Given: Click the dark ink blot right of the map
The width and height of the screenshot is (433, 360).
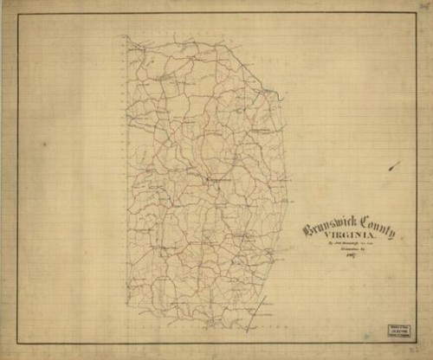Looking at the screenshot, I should [x=394, y=165].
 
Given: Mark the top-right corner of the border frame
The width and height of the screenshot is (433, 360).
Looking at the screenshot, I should [x=416, y=15].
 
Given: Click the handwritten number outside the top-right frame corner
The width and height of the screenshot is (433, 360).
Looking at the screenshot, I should [x=424, y=8].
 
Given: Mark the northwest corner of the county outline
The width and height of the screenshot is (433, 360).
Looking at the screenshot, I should [x=126, y=37].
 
